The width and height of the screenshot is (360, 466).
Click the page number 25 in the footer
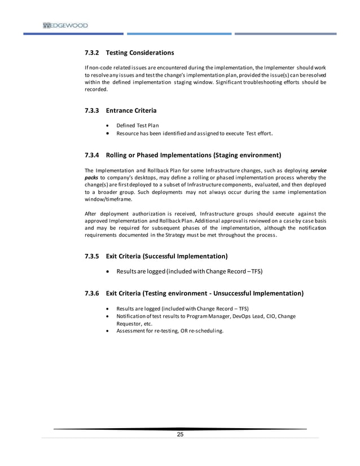pyautogui.click(x=181, y=434)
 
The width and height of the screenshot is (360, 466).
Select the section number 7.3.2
pyautogui.click(x=91, y=53)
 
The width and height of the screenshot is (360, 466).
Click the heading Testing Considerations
pyautogui.click(x=140, y=53)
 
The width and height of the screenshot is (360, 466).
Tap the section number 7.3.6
pyautogui.click(x=91, y=293)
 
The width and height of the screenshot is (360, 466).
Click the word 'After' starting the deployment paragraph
pyautogui.click(x=90, y=214)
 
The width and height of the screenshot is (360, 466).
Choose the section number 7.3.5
pyautogui.click(x=91, y=256)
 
